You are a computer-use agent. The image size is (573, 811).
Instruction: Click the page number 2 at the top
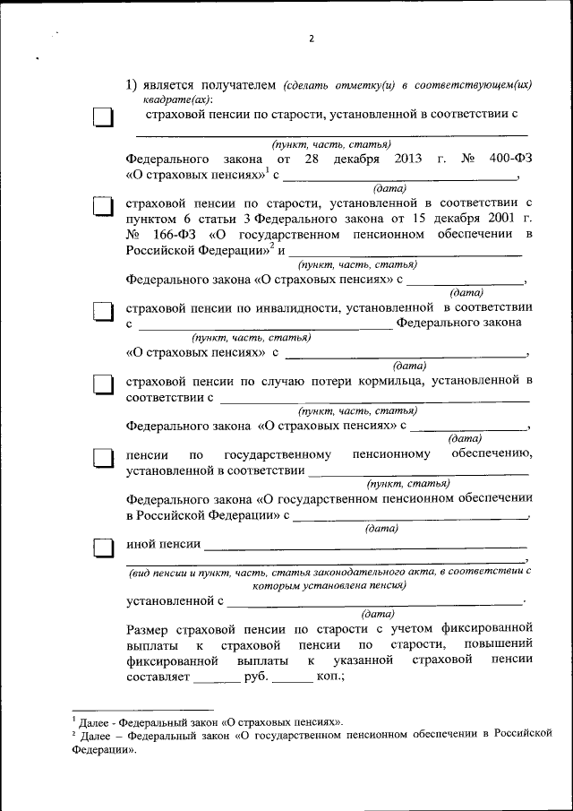click(311, 39)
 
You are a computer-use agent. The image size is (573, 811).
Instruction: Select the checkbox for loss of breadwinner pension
click(105, 384)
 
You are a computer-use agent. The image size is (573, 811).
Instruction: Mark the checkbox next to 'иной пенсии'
click(105, 546)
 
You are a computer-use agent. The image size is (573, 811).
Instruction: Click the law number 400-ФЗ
click(511, 159)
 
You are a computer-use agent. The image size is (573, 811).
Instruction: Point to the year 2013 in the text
click(407, 159)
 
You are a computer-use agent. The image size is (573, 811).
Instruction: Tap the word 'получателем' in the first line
click(229, 86)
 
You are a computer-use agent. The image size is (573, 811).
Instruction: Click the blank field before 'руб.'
click(217, 677)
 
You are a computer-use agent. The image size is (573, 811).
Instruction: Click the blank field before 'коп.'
click(292, 677)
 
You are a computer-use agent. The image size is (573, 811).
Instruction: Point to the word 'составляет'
click(158, 677)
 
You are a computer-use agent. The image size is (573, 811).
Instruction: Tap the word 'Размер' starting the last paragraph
click(150, 626)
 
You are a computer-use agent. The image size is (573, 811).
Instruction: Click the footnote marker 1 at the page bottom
click(75, 718)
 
